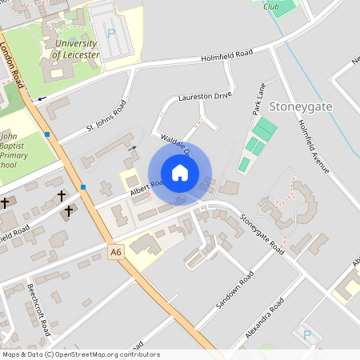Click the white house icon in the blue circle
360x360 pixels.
point(180,173)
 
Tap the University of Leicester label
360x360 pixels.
point(78,49)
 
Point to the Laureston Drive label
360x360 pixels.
point(205,96)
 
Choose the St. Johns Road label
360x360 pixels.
point(106,117)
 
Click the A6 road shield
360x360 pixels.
point(117,252)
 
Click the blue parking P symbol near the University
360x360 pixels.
point(111,35)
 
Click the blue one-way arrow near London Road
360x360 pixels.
point(40,98)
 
